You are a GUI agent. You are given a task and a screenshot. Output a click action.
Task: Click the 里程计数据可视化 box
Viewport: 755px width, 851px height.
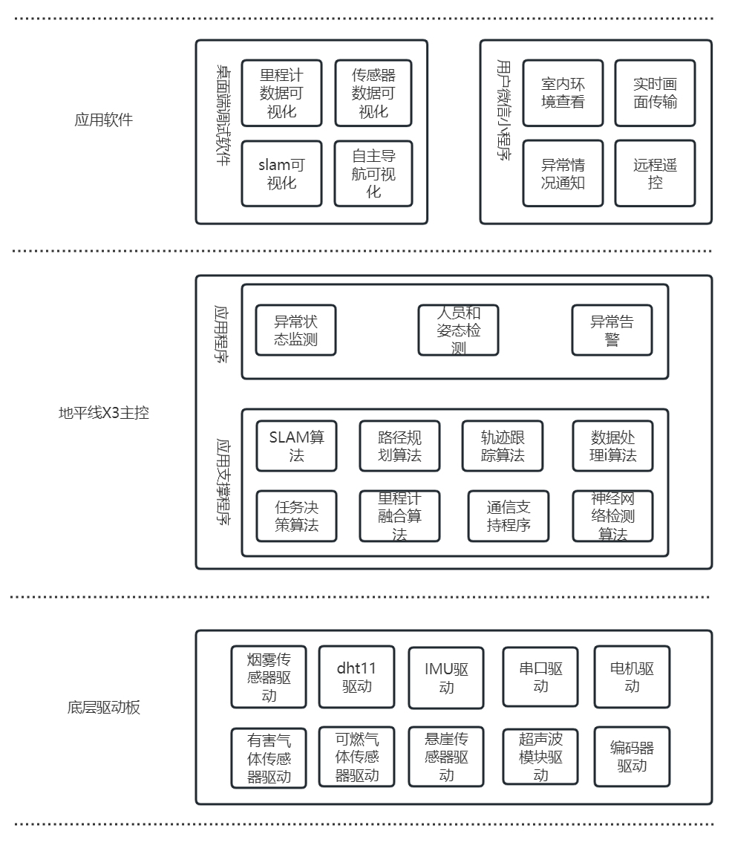click(282, 93)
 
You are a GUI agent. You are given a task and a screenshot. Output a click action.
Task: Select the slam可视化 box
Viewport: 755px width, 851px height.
click(282, 174)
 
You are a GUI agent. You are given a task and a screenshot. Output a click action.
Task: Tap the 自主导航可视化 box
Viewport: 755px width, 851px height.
click(374, 174)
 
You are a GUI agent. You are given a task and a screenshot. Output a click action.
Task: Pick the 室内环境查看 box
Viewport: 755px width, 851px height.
click(563, 93)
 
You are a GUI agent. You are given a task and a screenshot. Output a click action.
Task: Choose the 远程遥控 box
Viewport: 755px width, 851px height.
click(655, 174)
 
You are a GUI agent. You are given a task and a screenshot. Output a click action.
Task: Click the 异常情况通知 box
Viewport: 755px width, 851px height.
click(563, 174)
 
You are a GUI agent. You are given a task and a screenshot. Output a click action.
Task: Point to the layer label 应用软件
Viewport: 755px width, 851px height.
click(104, 120)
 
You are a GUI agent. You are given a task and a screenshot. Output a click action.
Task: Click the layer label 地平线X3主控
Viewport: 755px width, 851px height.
click(104, 413)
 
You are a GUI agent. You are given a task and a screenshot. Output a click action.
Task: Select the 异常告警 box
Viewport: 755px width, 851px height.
click(612, 330)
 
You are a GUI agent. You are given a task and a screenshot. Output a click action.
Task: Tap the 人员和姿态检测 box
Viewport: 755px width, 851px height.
click(459, 330)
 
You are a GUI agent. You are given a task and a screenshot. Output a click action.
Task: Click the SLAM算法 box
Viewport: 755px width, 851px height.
click(297, 446)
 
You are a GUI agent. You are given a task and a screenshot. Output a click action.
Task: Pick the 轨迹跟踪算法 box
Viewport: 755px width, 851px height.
click(503, 446)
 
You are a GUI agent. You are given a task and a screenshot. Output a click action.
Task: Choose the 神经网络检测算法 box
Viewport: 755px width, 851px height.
click(613, 516)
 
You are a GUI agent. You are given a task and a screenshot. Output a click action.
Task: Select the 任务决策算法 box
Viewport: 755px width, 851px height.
click(297, 516)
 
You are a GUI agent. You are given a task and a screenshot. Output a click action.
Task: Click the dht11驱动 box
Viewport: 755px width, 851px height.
click(356, 676)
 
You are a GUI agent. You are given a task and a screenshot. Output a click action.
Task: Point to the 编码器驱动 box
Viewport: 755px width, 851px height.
click(632, 757)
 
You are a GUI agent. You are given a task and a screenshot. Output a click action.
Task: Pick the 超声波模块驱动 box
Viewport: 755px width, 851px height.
click(540, 757)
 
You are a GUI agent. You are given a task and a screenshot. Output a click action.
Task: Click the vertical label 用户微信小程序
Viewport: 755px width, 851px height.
click(504, 111)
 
